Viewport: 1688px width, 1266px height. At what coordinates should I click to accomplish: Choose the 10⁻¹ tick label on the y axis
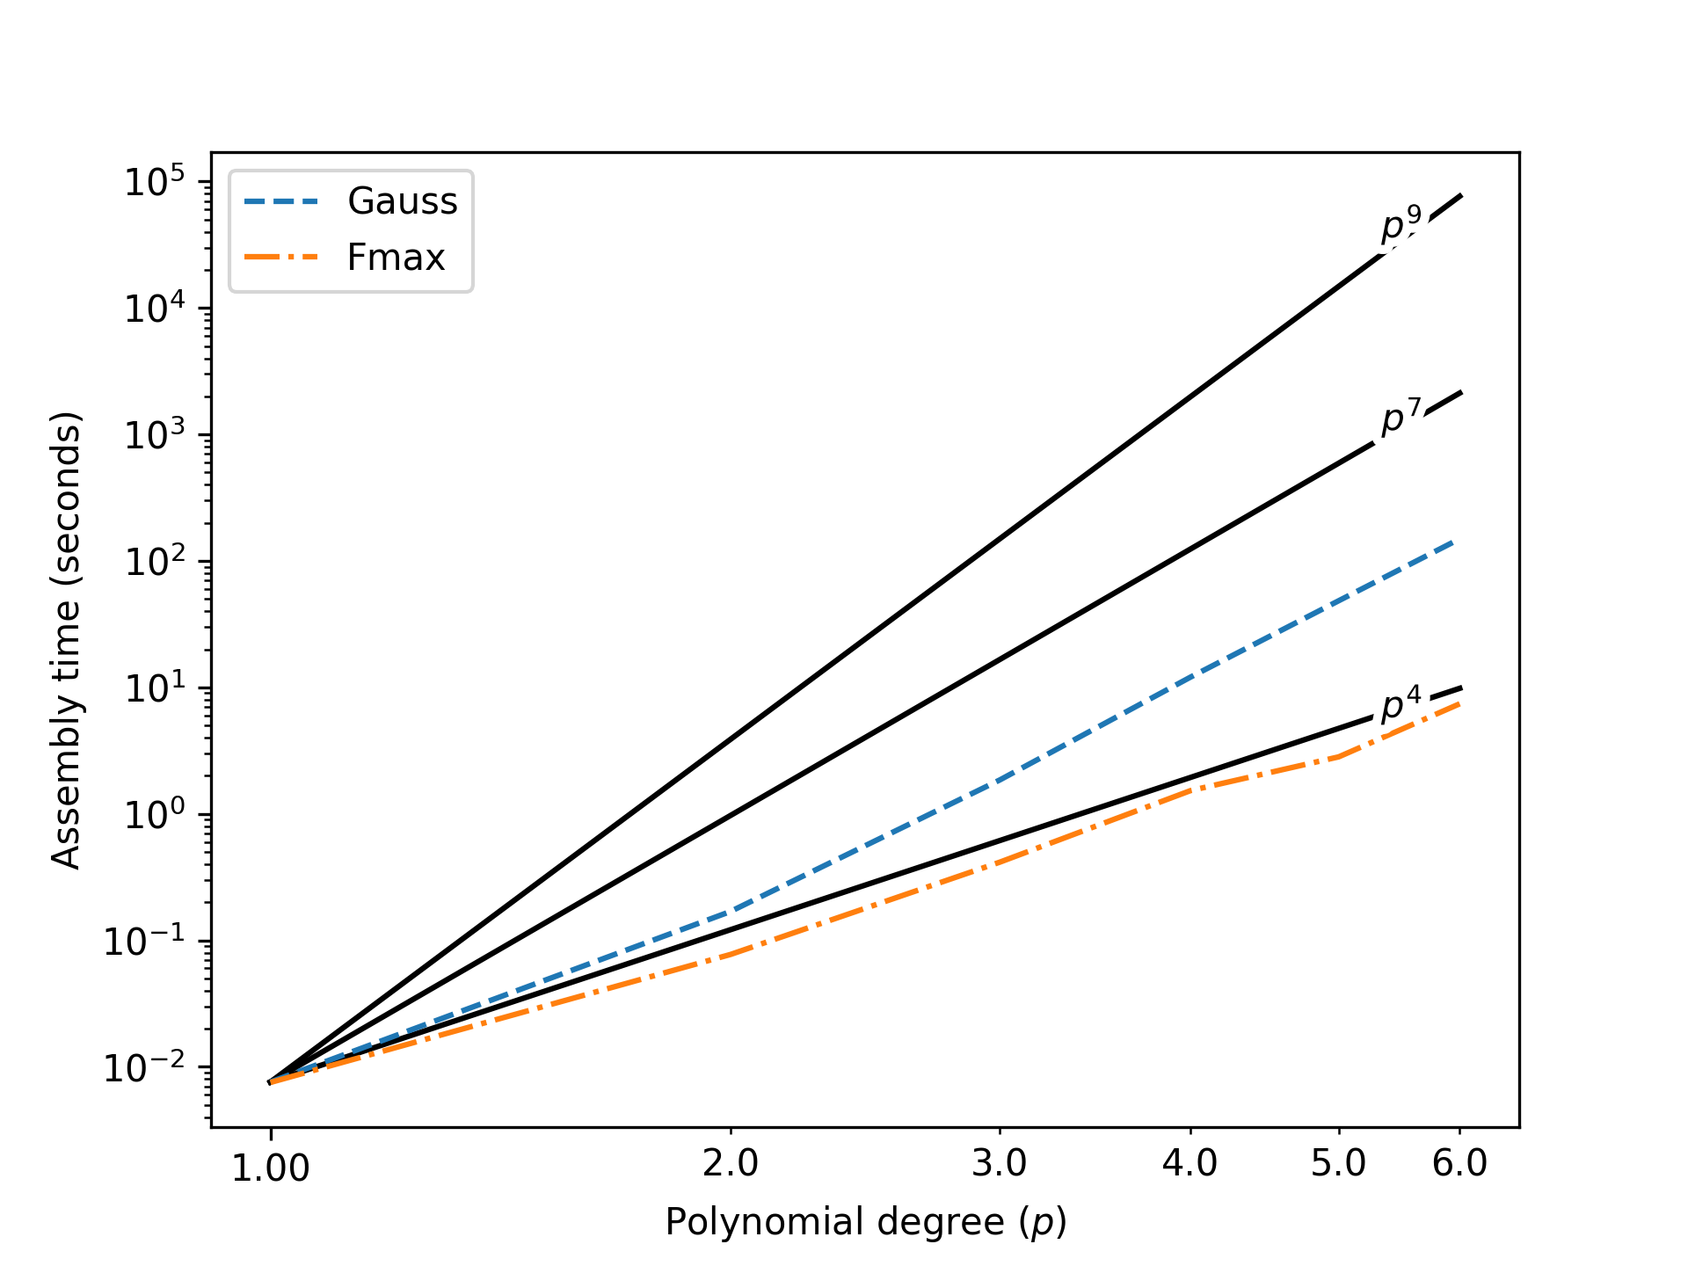tap(145, 942)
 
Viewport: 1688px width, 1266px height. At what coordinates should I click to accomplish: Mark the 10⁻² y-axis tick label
tap(145, 1069)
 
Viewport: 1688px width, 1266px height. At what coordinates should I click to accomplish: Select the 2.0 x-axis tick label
tap(731, 1164)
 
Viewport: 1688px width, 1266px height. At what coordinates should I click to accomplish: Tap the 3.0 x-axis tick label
tap(1000, 1164)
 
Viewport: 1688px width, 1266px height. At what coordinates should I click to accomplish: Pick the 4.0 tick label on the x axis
tap(1190, 1164)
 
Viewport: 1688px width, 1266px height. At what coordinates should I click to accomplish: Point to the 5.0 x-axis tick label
tap(1338, 1164)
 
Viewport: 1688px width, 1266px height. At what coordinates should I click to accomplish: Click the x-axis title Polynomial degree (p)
tap(866, 1223)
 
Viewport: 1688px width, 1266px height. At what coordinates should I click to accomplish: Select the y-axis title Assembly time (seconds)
tap(66, 640)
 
